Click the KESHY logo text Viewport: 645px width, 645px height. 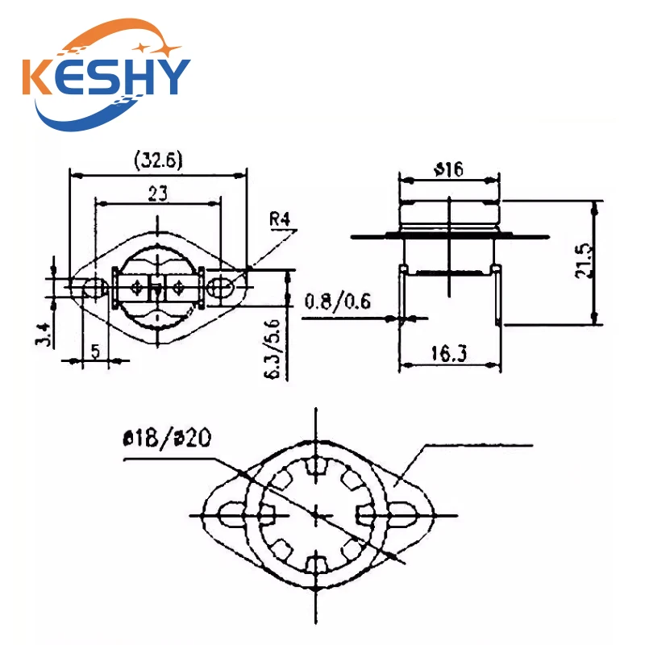pos(106,77)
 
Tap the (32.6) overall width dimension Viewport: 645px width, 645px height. pos(158,160)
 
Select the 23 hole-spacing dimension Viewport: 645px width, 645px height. pos(158,193)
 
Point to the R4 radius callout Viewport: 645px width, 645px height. pos(280,218)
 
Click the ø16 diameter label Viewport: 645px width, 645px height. pos(449,169)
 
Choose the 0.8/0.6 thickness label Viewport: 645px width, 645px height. pos(337,302)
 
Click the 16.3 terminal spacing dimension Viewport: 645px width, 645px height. pos(449,353)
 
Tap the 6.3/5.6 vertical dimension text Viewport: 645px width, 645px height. pos(273,349)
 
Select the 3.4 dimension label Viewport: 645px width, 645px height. pos(44,335)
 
